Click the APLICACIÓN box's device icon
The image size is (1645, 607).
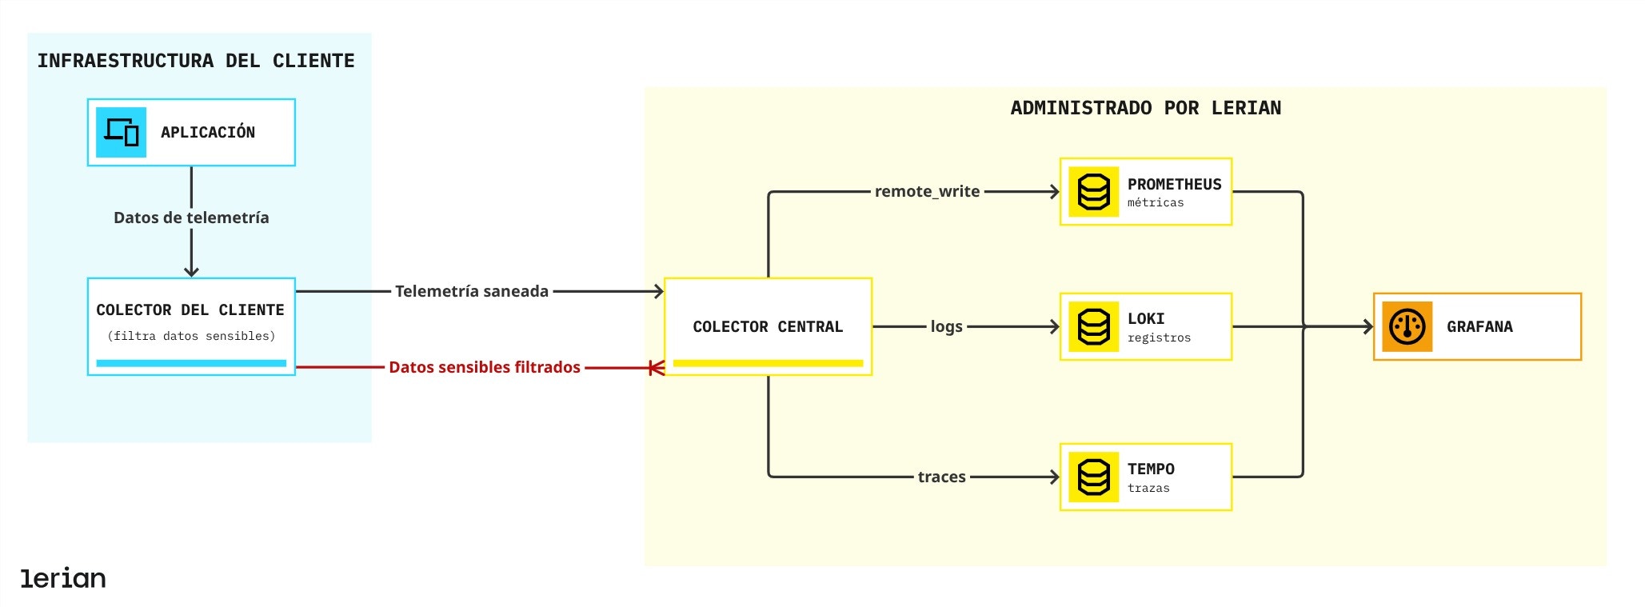coord(121,132)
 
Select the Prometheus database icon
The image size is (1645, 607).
coord(1093,192)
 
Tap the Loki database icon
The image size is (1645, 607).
coord(1093,326)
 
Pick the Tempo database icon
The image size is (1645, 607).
coord(1093,477)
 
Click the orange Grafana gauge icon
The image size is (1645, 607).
coord(1407,326)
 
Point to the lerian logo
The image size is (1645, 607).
coord(63,578)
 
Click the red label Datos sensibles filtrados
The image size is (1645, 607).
coord(485,367)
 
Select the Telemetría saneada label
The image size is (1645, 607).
coord(472,291)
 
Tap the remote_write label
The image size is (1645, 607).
coord(927,191)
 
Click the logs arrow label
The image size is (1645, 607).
coord(946,326)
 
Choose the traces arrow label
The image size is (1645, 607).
coord(941,477)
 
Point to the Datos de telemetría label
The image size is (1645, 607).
coord(191,218)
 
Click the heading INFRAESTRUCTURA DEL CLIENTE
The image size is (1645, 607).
coord(196,61)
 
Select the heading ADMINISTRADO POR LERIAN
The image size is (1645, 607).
coord(1145,108)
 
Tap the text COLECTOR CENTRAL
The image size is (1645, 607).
coord(768,326)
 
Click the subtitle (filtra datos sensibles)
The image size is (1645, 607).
coord(191,336)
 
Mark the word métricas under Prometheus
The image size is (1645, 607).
coord(1156,203)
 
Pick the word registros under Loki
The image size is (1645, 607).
coord(1159,338)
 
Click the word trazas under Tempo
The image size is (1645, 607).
coord(1148,489)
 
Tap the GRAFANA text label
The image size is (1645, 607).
coord(1479,326)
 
